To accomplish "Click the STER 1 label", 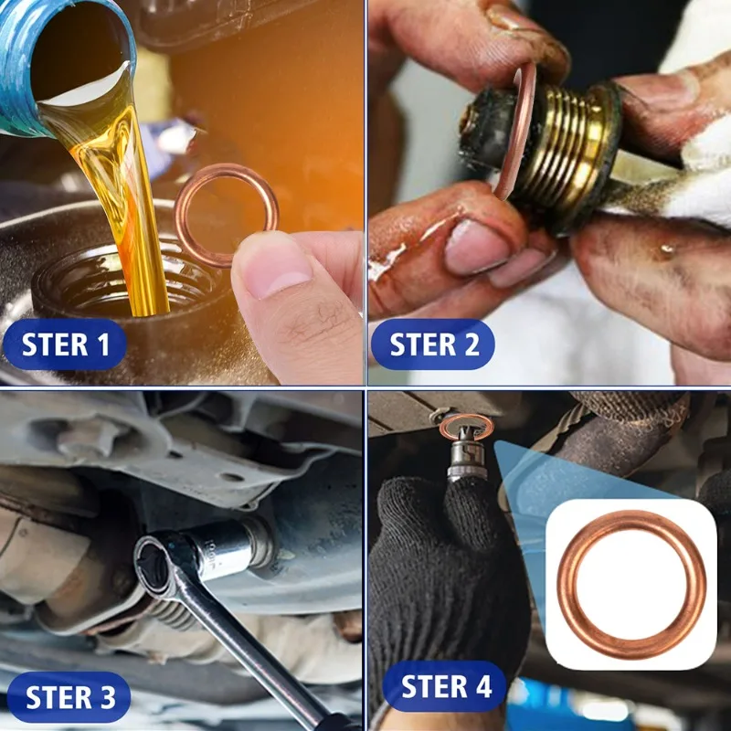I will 65,344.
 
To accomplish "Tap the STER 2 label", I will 433,344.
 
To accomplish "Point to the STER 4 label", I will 445,686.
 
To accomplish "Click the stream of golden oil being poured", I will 137,210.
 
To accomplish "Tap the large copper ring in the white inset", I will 631,584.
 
